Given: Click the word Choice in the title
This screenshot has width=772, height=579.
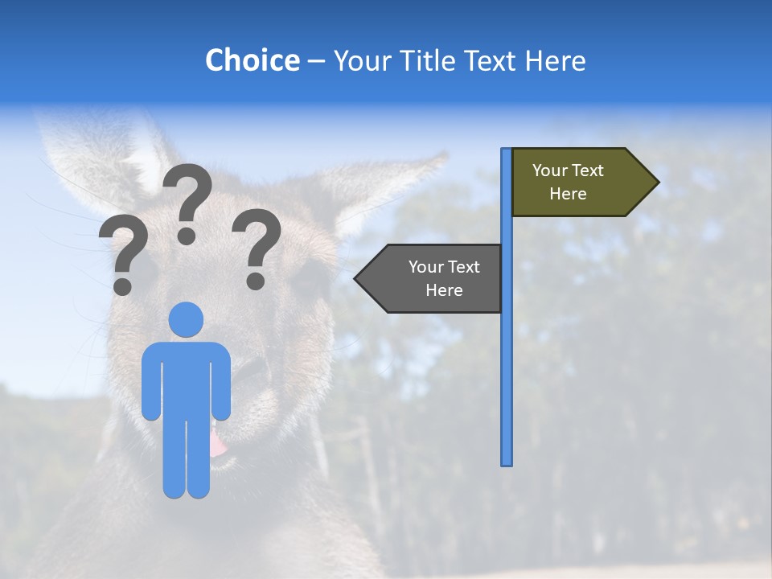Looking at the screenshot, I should [x=252, y=60].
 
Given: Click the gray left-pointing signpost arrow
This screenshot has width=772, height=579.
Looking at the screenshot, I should [x=434, y=278].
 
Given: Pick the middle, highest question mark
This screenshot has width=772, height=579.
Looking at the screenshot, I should [x=187, y=201].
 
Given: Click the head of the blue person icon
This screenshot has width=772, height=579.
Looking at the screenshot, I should [x=187, y=319].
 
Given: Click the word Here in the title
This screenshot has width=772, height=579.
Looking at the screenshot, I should [x=555, y=60].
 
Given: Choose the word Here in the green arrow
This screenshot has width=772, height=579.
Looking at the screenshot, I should [x=568, y=194].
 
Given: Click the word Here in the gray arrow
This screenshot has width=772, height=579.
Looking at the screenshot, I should [x=444, y=290].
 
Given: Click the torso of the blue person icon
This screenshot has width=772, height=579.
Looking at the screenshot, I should [x=187, y=378].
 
